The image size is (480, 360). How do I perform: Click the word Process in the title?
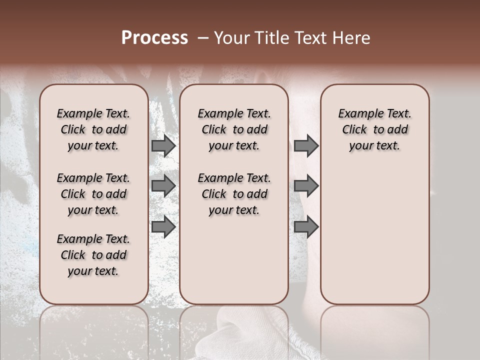coord(154,38)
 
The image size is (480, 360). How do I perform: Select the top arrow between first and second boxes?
coord(163,146)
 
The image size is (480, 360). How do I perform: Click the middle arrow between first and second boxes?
coord(163,186)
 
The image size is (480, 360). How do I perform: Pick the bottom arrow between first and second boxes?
coord(163,227)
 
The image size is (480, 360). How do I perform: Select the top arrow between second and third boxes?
coord(306,146)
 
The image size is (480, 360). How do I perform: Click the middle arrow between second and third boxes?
coord(306,186)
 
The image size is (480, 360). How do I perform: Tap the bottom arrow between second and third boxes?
coord(306,227)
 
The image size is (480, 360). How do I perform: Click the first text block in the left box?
coord(93,129)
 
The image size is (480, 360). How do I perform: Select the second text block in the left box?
coord(93,194)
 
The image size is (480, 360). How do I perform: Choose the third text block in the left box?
coord(93,255)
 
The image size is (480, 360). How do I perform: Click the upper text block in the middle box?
coord(234,129)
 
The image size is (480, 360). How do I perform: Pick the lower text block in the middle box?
coord(234,194)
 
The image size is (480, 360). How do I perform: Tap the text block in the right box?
coord(375,129)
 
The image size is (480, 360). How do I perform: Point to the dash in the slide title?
coord(203,38)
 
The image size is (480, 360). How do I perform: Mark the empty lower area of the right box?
coord(375,235)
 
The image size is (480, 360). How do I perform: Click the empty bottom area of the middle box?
coord(234,265)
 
